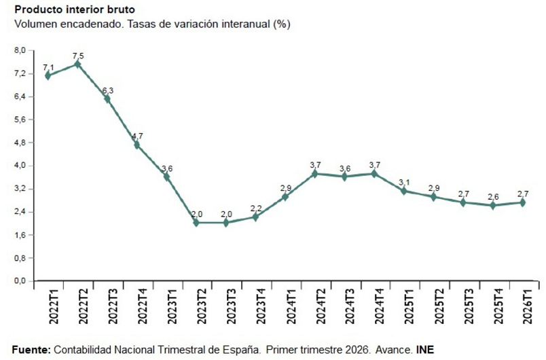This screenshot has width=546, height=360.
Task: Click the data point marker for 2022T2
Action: (77, 64)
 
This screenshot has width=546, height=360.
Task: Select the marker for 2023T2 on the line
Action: (196, 222)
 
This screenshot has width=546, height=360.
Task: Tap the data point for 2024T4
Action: (374, 173)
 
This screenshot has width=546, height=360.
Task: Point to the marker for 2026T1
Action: (522, 202)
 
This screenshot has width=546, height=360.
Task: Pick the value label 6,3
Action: (107, 90)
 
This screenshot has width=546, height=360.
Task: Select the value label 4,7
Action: (137, 136)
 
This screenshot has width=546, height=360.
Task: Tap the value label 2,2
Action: (255, 209)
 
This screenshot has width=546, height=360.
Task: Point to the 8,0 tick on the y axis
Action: (20, 50)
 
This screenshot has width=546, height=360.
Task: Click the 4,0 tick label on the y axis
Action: (20, 166)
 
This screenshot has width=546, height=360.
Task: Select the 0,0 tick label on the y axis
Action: (20, 281)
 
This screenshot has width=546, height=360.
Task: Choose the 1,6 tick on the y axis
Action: (20, 235)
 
